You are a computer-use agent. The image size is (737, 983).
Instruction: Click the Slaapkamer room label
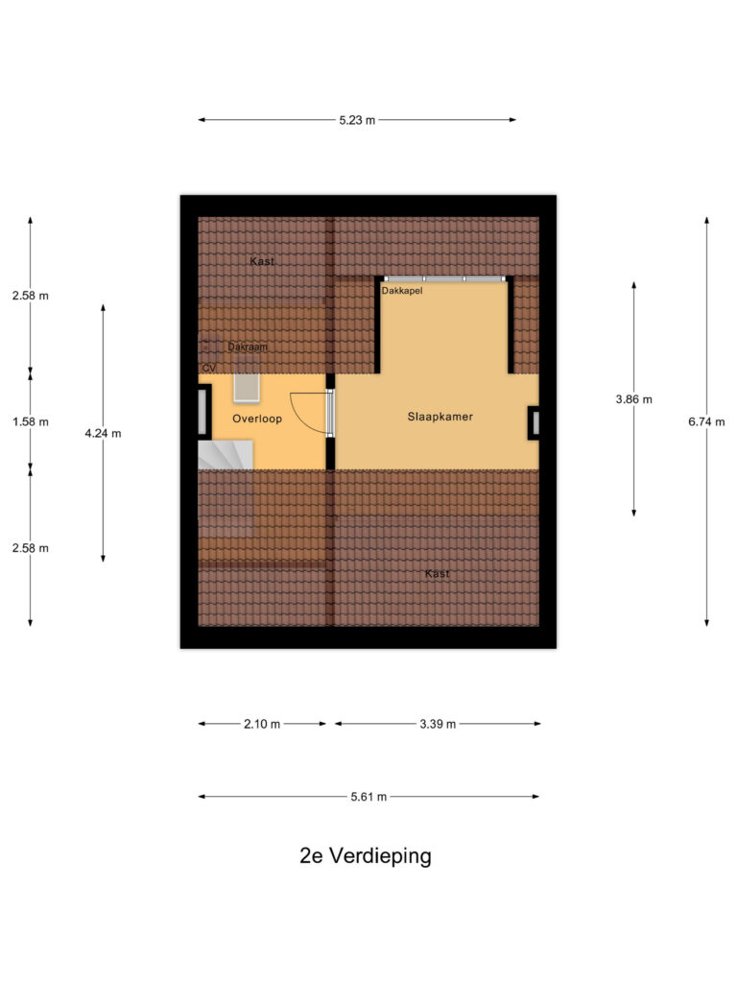440,417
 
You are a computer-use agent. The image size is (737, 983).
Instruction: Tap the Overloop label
256,419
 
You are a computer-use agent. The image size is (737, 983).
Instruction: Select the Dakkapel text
401,290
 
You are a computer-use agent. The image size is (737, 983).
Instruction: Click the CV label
208,368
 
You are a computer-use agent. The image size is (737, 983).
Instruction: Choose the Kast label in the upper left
262,261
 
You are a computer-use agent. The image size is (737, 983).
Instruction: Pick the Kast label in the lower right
437,573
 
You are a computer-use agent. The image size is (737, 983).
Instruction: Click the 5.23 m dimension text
357,120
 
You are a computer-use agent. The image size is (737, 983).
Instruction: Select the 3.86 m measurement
633,399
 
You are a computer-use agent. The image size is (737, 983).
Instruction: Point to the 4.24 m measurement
103,433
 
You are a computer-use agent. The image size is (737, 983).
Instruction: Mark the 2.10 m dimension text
262,724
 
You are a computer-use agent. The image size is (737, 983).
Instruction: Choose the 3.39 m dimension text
438,724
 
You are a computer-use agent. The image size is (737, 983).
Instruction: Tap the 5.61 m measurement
368,797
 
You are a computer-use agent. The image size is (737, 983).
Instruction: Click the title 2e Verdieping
365,856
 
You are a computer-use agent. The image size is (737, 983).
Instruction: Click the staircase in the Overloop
225,455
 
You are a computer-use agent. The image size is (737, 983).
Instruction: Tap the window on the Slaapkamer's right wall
534,423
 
